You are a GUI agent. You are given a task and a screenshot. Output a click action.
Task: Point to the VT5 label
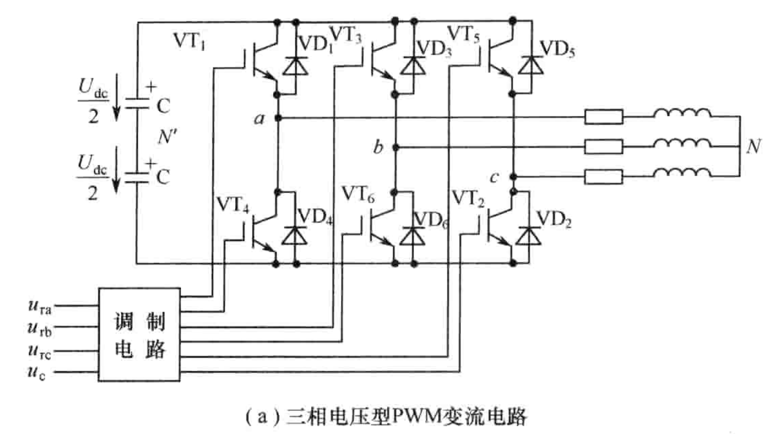tap(463, 35)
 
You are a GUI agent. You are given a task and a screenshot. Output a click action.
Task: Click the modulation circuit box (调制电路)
tap(139, 334)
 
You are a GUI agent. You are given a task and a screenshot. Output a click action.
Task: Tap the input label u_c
tap(37, 372)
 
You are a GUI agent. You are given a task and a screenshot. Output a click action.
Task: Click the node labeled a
tap(278, 118)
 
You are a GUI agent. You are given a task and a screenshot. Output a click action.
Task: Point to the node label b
tap(378, 147)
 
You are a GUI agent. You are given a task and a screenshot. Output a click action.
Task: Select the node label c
tap(494, 177)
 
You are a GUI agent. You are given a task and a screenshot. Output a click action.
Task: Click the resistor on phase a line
tap(603, 117)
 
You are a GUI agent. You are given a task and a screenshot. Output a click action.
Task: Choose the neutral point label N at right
tap(753, 147)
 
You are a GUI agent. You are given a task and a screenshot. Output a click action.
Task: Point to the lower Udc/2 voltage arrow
tap(116, 170)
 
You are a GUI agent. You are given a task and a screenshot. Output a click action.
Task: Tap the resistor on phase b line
tap(603, 147)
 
